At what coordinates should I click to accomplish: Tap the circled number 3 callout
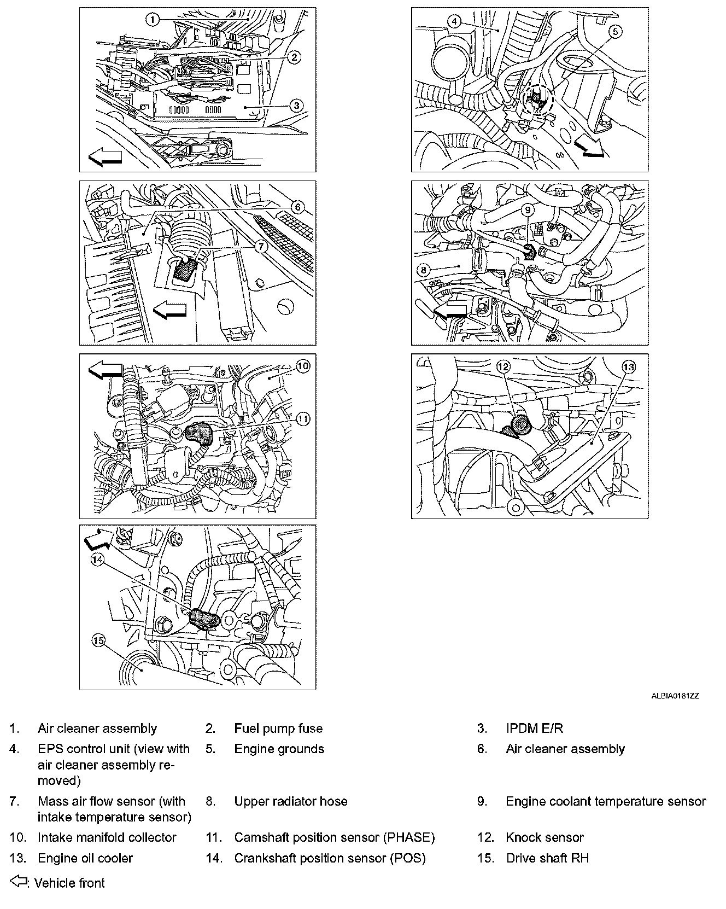point(296,105)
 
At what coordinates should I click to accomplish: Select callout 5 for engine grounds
point(615,32)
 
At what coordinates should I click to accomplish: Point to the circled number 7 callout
point(261,246)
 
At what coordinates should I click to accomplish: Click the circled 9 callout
point(528,209)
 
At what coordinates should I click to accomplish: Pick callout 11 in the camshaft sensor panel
point(302,419)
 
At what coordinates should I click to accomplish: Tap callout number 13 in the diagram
point(629,367)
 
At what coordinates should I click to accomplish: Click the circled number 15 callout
point(98,640)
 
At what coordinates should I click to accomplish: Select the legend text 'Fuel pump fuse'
point(278,729)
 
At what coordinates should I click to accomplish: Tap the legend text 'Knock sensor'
point(544,837)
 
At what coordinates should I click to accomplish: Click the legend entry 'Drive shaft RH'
point(547,858)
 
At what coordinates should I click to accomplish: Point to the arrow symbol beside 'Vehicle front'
point(19,882)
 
